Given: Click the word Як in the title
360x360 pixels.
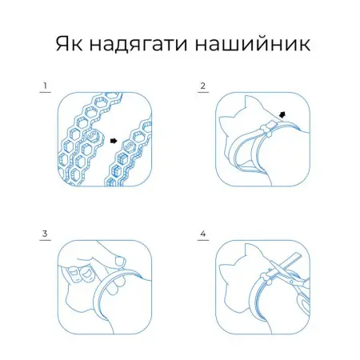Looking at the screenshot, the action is click(69, 43).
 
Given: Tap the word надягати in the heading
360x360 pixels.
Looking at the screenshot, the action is click(138, 45).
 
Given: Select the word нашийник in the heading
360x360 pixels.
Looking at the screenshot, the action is click(253, 43).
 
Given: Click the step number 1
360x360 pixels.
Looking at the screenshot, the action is click(46, 86).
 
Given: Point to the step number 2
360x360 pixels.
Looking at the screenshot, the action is click(203, 86).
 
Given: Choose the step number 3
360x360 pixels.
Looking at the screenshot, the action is click(45, 234).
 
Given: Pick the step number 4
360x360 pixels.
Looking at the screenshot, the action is click(203, 234).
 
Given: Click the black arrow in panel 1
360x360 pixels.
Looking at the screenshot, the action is click(114, 141).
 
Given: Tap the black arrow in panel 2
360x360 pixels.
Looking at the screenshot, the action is click(282, 114).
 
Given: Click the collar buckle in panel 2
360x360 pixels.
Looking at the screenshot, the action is click(269, 127).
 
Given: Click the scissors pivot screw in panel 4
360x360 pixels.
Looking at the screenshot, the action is click(292, 282).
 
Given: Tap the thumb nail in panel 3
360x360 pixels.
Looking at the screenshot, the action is click(120, 261).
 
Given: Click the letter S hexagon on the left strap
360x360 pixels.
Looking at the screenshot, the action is click(93, 136).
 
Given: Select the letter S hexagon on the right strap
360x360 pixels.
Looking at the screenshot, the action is click(129, 146).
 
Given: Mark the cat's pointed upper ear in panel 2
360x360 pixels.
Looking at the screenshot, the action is click(250, 102).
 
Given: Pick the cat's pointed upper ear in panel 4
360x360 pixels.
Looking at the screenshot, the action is click(250, 250).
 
